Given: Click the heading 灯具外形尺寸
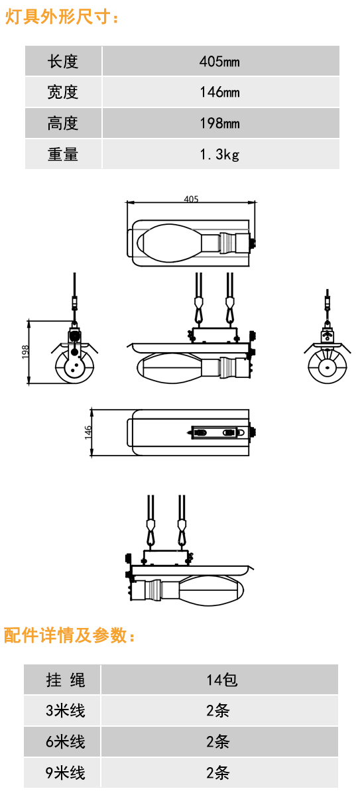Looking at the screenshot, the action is [62, 17].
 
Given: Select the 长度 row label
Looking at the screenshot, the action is [63, 61].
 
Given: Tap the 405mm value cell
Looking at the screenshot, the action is [220, 61].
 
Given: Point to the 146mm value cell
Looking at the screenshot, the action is [220, 92].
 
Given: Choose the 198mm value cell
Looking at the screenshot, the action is [220, 123].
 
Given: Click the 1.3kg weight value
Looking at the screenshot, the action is [219, 155].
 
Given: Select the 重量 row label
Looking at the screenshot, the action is [63, 155].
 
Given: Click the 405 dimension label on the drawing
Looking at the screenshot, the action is [191, 199].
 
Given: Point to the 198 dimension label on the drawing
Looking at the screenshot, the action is [25, 351].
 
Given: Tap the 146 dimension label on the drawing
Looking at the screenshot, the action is [88, 432].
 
